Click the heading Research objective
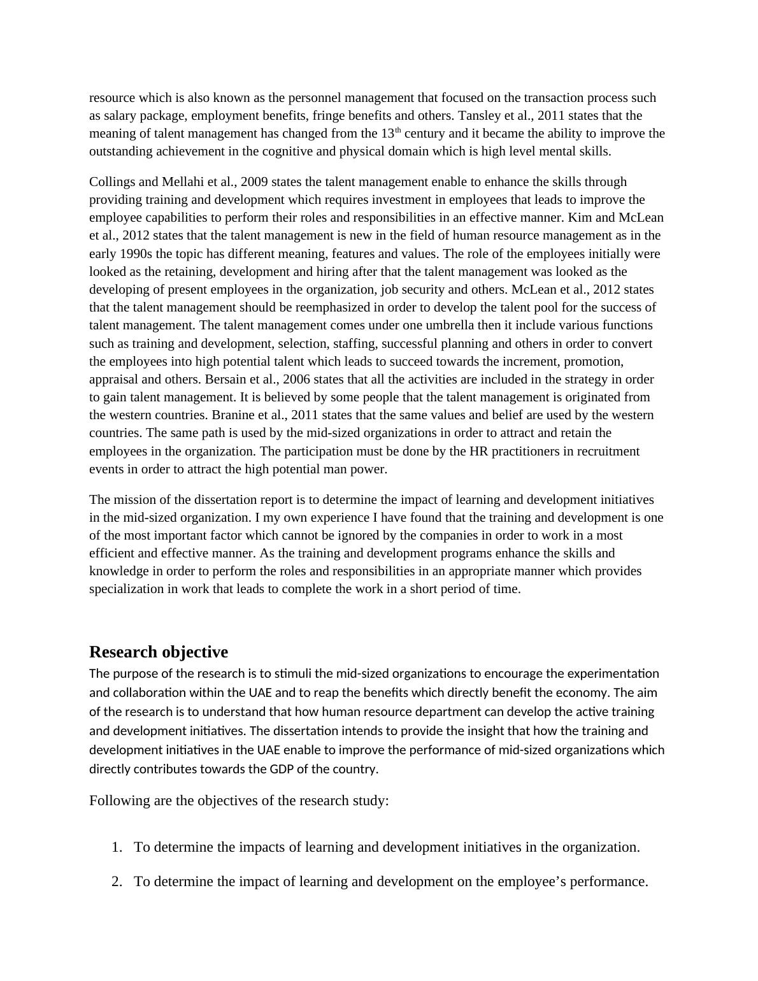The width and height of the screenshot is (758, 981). [x=158, y=652]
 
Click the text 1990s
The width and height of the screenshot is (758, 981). [x=138, y=254]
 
